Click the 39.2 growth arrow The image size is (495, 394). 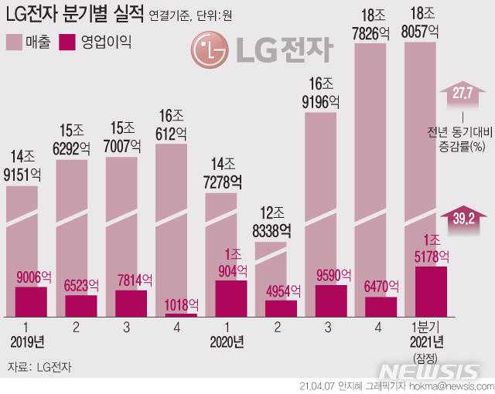coord(463,218)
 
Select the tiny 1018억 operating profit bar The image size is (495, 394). coord(181,314)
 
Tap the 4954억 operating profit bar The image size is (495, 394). coord(281,308)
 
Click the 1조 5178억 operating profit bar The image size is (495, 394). coord(431,291)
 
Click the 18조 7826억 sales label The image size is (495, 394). coord(381,22)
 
